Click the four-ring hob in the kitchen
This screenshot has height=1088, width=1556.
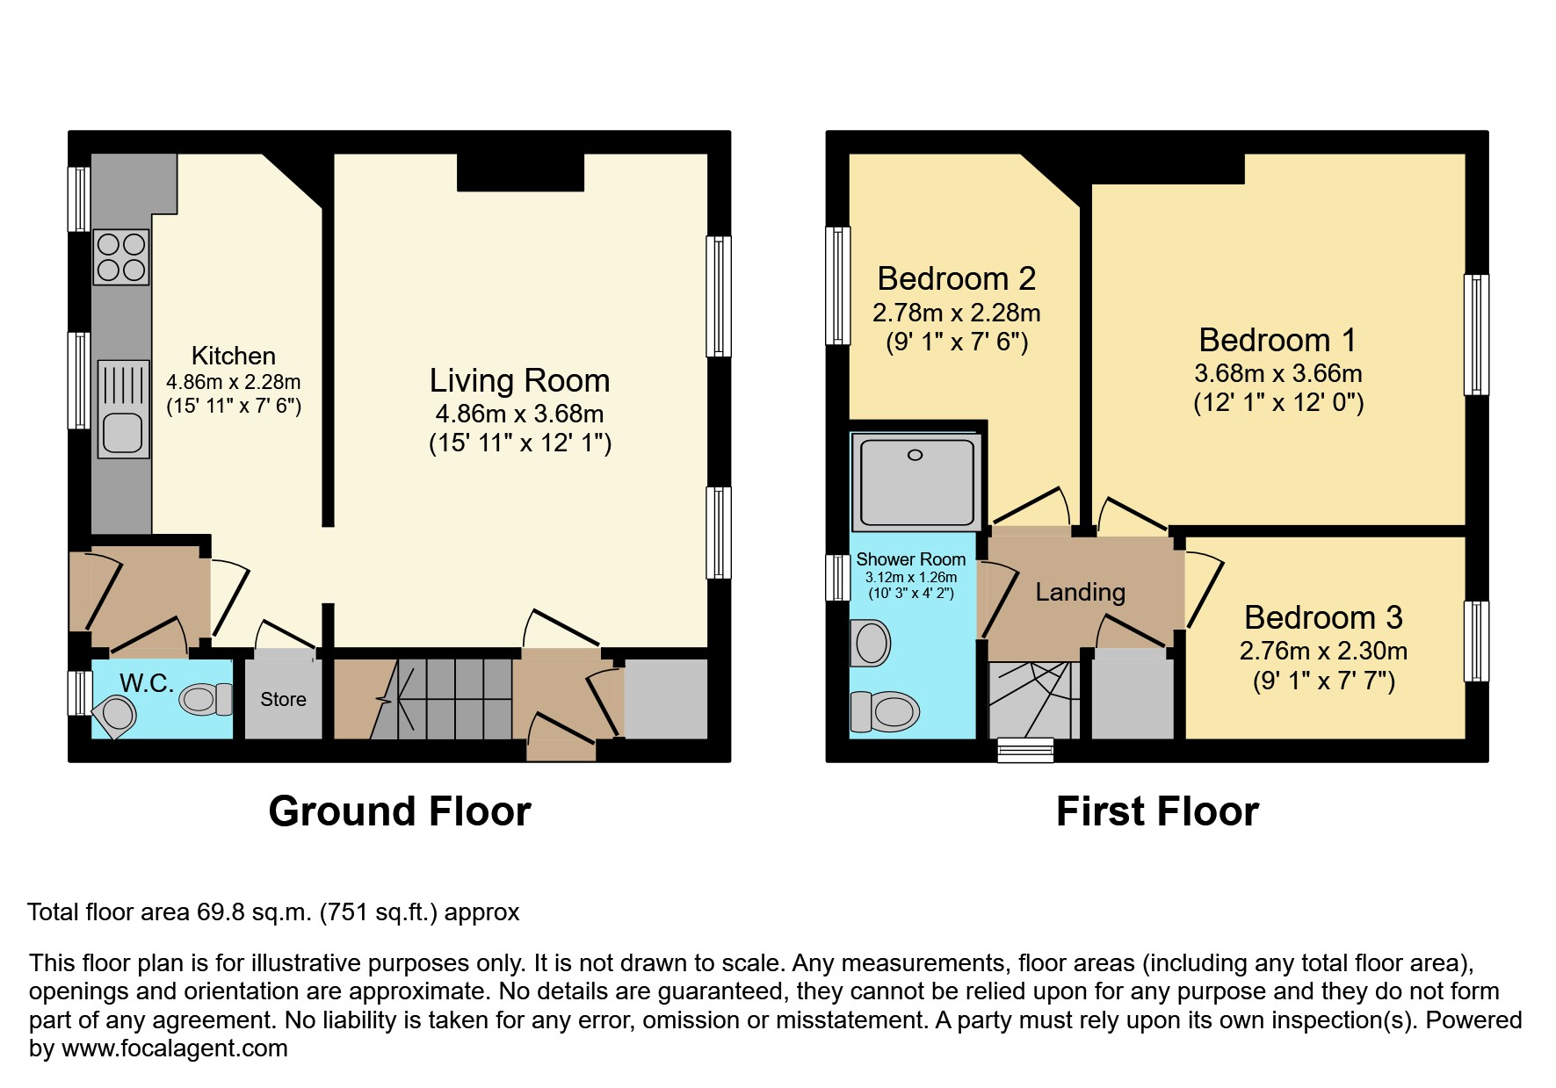click(x=121, y=256)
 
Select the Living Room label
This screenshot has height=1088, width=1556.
click(x=519, y=380)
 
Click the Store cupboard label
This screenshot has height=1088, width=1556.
click(x=283, y=700)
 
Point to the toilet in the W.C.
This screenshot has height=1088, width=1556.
click(x=205, y=700)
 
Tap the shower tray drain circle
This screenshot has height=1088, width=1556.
click(x=915, y=455)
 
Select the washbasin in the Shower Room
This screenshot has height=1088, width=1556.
click(x=872, y=642)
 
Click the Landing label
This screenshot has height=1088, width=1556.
click(x=1080, y=592)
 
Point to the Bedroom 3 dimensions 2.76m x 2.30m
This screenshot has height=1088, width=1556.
click(x=1323, y=651)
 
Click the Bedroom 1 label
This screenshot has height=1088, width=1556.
click(x=1277, y=340)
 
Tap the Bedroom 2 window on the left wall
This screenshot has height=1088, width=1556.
click(x=838, y=285)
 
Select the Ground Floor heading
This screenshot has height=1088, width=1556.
click(x=400, y=811)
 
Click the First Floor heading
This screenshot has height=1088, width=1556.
click(x=1157, y=811)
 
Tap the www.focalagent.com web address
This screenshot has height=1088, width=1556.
click(x=174, y=1048)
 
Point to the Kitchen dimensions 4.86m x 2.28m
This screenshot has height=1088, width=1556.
click(x=234, y=382)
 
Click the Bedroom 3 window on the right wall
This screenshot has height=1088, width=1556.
click(x=1476, y=641)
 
